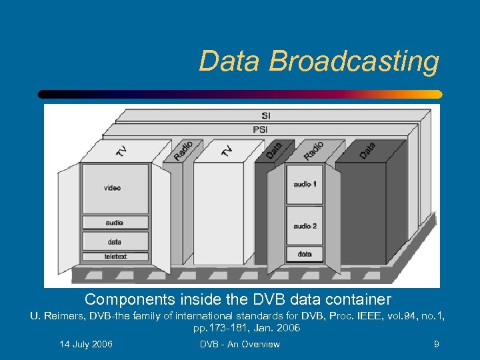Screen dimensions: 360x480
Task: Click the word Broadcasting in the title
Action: tap(355, 61)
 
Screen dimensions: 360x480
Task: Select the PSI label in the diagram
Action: tap(261, 129)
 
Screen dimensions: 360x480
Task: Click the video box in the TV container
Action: tap(113, 189)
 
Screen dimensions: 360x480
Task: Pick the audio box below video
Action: tap(115, 223)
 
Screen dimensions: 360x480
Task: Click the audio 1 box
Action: tap(305, 183)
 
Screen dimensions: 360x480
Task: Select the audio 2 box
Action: tap(305, 226)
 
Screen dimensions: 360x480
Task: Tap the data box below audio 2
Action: tap(305, 254)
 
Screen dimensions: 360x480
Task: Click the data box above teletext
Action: tap(115, 241)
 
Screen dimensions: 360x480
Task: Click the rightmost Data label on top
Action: tap(367, 150)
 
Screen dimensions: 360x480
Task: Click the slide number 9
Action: tap(436, 344)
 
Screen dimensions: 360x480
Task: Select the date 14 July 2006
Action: tap(86, 344)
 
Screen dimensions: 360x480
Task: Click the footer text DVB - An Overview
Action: tap(240, 344)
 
